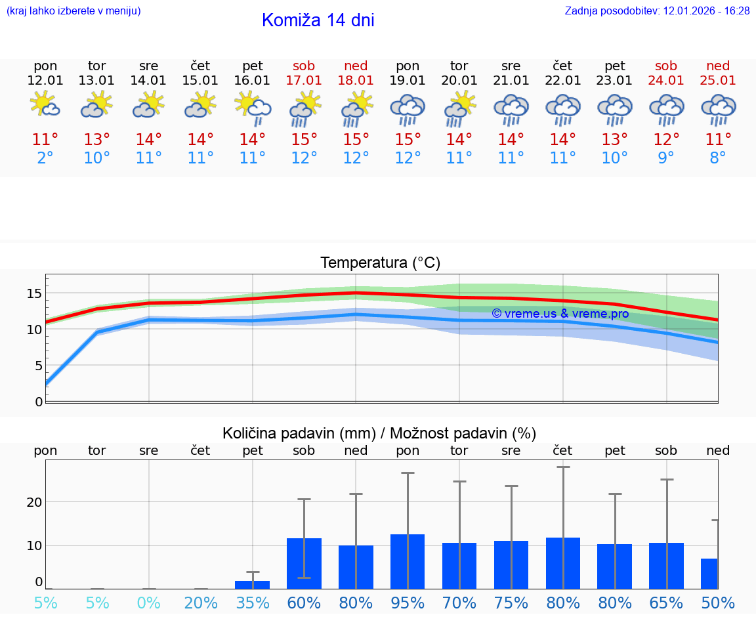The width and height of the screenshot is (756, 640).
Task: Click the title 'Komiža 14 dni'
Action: pos(318,20)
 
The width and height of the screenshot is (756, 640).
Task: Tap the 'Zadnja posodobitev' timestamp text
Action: pos(657,11)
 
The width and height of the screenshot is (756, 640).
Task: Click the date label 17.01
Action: pos(304,80)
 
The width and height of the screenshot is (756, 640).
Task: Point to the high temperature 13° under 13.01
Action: pos(97,140)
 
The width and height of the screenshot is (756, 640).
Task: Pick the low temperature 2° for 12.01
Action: pos(45,158)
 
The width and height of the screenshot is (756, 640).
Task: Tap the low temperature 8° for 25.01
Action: pos(718,158)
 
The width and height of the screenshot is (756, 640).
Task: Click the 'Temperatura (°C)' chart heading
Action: pos(380,263)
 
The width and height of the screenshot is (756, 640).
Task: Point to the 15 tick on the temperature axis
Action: pos(34,293)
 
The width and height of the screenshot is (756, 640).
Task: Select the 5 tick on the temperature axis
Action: pos(38,366)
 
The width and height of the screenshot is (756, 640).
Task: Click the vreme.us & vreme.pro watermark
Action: pos(560,314)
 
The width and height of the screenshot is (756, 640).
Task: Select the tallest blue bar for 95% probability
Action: pos(408,561)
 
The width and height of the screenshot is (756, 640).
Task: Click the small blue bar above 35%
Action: pos(253,584)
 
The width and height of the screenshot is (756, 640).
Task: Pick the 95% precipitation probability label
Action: pos(408,603)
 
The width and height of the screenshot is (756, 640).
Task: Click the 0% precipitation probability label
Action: pos(149,603)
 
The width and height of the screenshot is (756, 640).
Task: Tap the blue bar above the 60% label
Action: pos(304,563)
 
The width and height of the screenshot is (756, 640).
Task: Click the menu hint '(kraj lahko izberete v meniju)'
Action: pos(73,11)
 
